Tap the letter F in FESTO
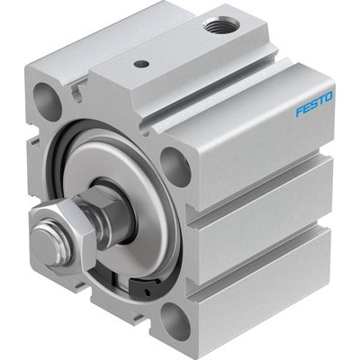coord(300,112)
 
